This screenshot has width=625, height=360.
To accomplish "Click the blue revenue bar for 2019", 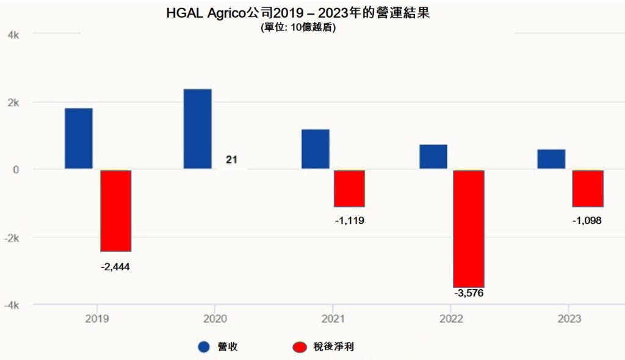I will pyautogui.click(x=79, y=139).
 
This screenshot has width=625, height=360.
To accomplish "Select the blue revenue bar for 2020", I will pyautogui.click(x=197, y=129).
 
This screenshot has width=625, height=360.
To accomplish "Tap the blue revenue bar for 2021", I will pyautogui.click(x=315, y=149).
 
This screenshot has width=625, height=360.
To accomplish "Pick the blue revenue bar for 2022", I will pyautogui.click(x=433, y=157).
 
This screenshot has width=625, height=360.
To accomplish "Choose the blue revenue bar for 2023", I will pyautogui.click(x=551, y=159).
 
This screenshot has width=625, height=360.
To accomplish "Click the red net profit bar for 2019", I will pyautogui.click(x=115, y=211).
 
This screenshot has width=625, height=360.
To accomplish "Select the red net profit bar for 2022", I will pyautogui.click(x=469, y=228).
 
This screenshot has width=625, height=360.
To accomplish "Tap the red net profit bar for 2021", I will pyautogui.click(x=349, y=189).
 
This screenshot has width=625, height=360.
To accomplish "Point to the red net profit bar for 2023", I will pyautogui.click(x=588, y=189).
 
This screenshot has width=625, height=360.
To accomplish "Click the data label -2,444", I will pyautogui.click(x=115, y=267).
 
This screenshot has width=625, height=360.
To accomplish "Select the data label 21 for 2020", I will pyautogui.click(x=231, y=160).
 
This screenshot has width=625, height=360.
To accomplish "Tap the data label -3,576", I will pyautogui.click(x=469, y=293).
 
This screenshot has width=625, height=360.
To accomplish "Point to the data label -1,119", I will pyautogui.click(x=350, y=220).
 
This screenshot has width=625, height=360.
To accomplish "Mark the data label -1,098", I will pyautogui.click(x=587, y=220).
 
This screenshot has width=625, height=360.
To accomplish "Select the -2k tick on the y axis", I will pyautogui.click(x=12, y=237).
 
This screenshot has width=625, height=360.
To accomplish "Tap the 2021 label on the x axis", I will pyautogui.click(x=333, y=319).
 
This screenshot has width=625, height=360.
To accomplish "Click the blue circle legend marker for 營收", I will pyautogui.click(x=204, y=347).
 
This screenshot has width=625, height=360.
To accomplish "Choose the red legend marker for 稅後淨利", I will pyautogui.click(x=299, y=347).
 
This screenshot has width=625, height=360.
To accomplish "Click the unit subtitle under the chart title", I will pyautogui.click(x=298, y=27).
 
